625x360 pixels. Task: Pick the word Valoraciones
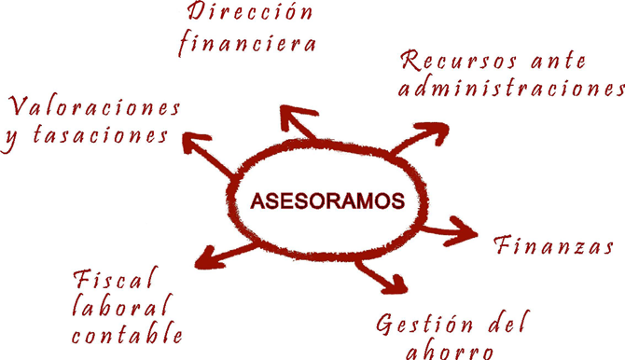pyautogui.click(x=93, y=104)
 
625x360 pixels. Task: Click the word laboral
pyautogui.click(x=122, y=306)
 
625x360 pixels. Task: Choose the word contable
pyautogui.click(x=126, y=334)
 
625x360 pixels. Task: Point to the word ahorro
pyautogui.click(x=448, y=352)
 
